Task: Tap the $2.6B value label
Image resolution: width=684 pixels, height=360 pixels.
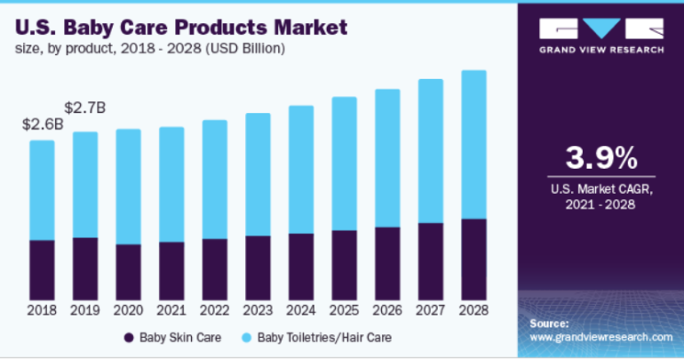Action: [43, 124]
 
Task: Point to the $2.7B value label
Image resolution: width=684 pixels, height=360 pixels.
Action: [86, 108]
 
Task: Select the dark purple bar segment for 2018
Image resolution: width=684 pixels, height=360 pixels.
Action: [42, 269]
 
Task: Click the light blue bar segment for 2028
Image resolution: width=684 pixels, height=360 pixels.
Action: [473, 144]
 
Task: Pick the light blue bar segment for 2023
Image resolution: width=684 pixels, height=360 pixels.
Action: [258, 174]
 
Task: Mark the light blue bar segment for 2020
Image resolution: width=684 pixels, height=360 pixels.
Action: [128, 187]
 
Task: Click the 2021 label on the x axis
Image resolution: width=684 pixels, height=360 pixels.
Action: [171, 311]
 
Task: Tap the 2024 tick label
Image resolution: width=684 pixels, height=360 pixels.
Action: [301, 311]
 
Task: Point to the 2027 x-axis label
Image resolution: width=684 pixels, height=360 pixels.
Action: [431, 311]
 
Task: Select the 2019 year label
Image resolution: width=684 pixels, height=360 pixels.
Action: [85, 311]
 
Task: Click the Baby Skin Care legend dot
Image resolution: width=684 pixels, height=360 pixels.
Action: [129, 338]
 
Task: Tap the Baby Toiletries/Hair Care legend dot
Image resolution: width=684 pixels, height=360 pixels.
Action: [246, 338]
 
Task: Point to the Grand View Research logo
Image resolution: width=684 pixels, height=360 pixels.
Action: [601, 36]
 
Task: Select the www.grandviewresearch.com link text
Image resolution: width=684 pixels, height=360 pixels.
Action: [600, 338]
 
